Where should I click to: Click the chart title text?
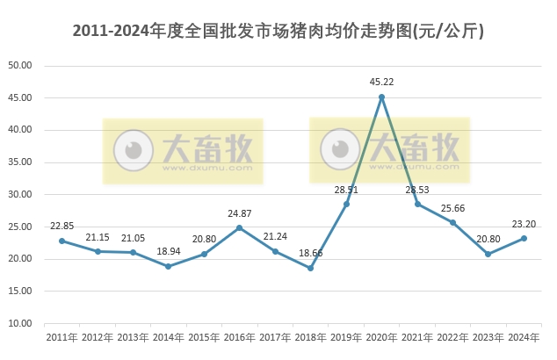pyautogui.click(x=278, y=31)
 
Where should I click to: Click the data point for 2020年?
pyautogui.click(x=381, y=97)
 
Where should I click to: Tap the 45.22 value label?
pyautogui.click(x=381, y=82)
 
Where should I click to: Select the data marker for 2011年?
pyautogui.click(x=61, y=241)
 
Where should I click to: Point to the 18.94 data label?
pyautogui.click(x=168, y=251)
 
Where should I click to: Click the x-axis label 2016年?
pyautogui.click(x=239, y=337)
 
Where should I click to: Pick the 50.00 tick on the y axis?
pyautogui.click(x=20, y=66)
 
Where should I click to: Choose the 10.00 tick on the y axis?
pyautogui.click(x=20, y=323)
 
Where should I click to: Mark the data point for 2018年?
pyautogui.click(x=310, y=268)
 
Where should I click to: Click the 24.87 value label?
pyautogui.click(x=239, y=213)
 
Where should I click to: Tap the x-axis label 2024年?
pyautogui.click(x=524, y=337)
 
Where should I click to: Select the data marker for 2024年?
pyautogui.click(x=524, y=238)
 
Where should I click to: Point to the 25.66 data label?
pyautogui.click(x=453, y=208)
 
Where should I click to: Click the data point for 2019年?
pyautogui.click(x=346, y=204)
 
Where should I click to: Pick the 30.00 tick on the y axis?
pyautogui.click(x=20, y=194)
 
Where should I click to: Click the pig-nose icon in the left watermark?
pyautogui.click(x=134, y=150)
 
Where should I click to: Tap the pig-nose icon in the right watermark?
pyautogui.click(x=340, y=149)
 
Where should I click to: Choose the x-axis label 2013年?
pyautogui.click(x=133, y=337)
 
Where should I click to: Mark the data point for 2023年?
pyautogui.click(x=488, y=254)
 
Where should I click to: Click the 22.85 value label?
pyautogui.click(x=61, y=226)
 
